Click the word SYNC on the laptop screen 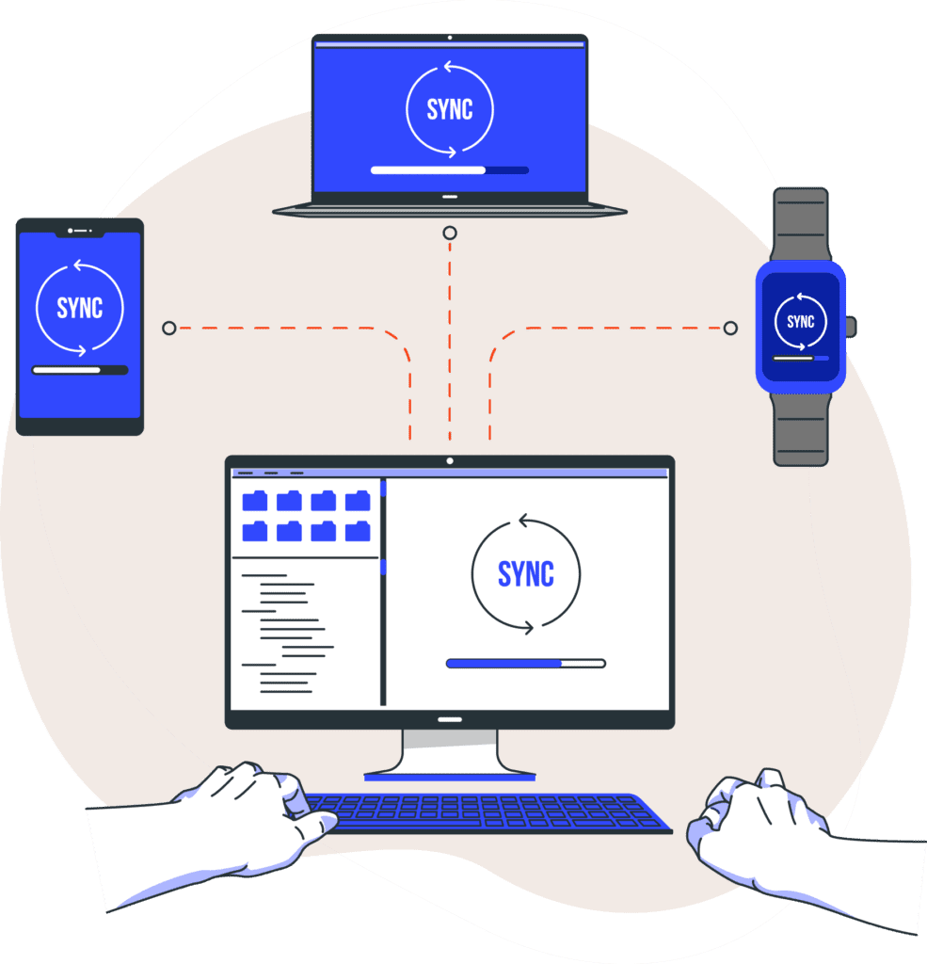(x=450, y=110)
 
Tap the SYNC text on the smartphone (x=79, y=308)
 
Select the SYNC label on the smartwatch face (x=800, y=322)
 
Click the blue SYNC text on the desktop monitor (x=525, y=574)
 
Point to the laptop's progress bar (x=449, y=170)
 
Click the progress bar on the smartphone (x=79, y=370)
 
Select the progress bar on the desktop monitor (x=525, y=664)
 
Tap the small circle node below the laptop (x=450, y=233)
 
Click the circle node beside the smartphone (x=168, y=329)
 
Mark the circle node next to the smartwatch (x=730, y=329)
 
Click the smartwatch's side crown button (x=851, y=327)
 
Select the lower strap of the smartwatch (x=800, y=428)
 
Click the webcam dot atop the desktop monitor (x=450, y=460)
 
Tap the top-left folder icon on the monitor (x=255, y=501)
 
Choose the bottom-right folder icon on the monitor (x=358, y=532)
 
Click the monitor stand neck (x=450, y=750)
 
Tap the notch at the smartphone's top (x=79, y=230)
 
